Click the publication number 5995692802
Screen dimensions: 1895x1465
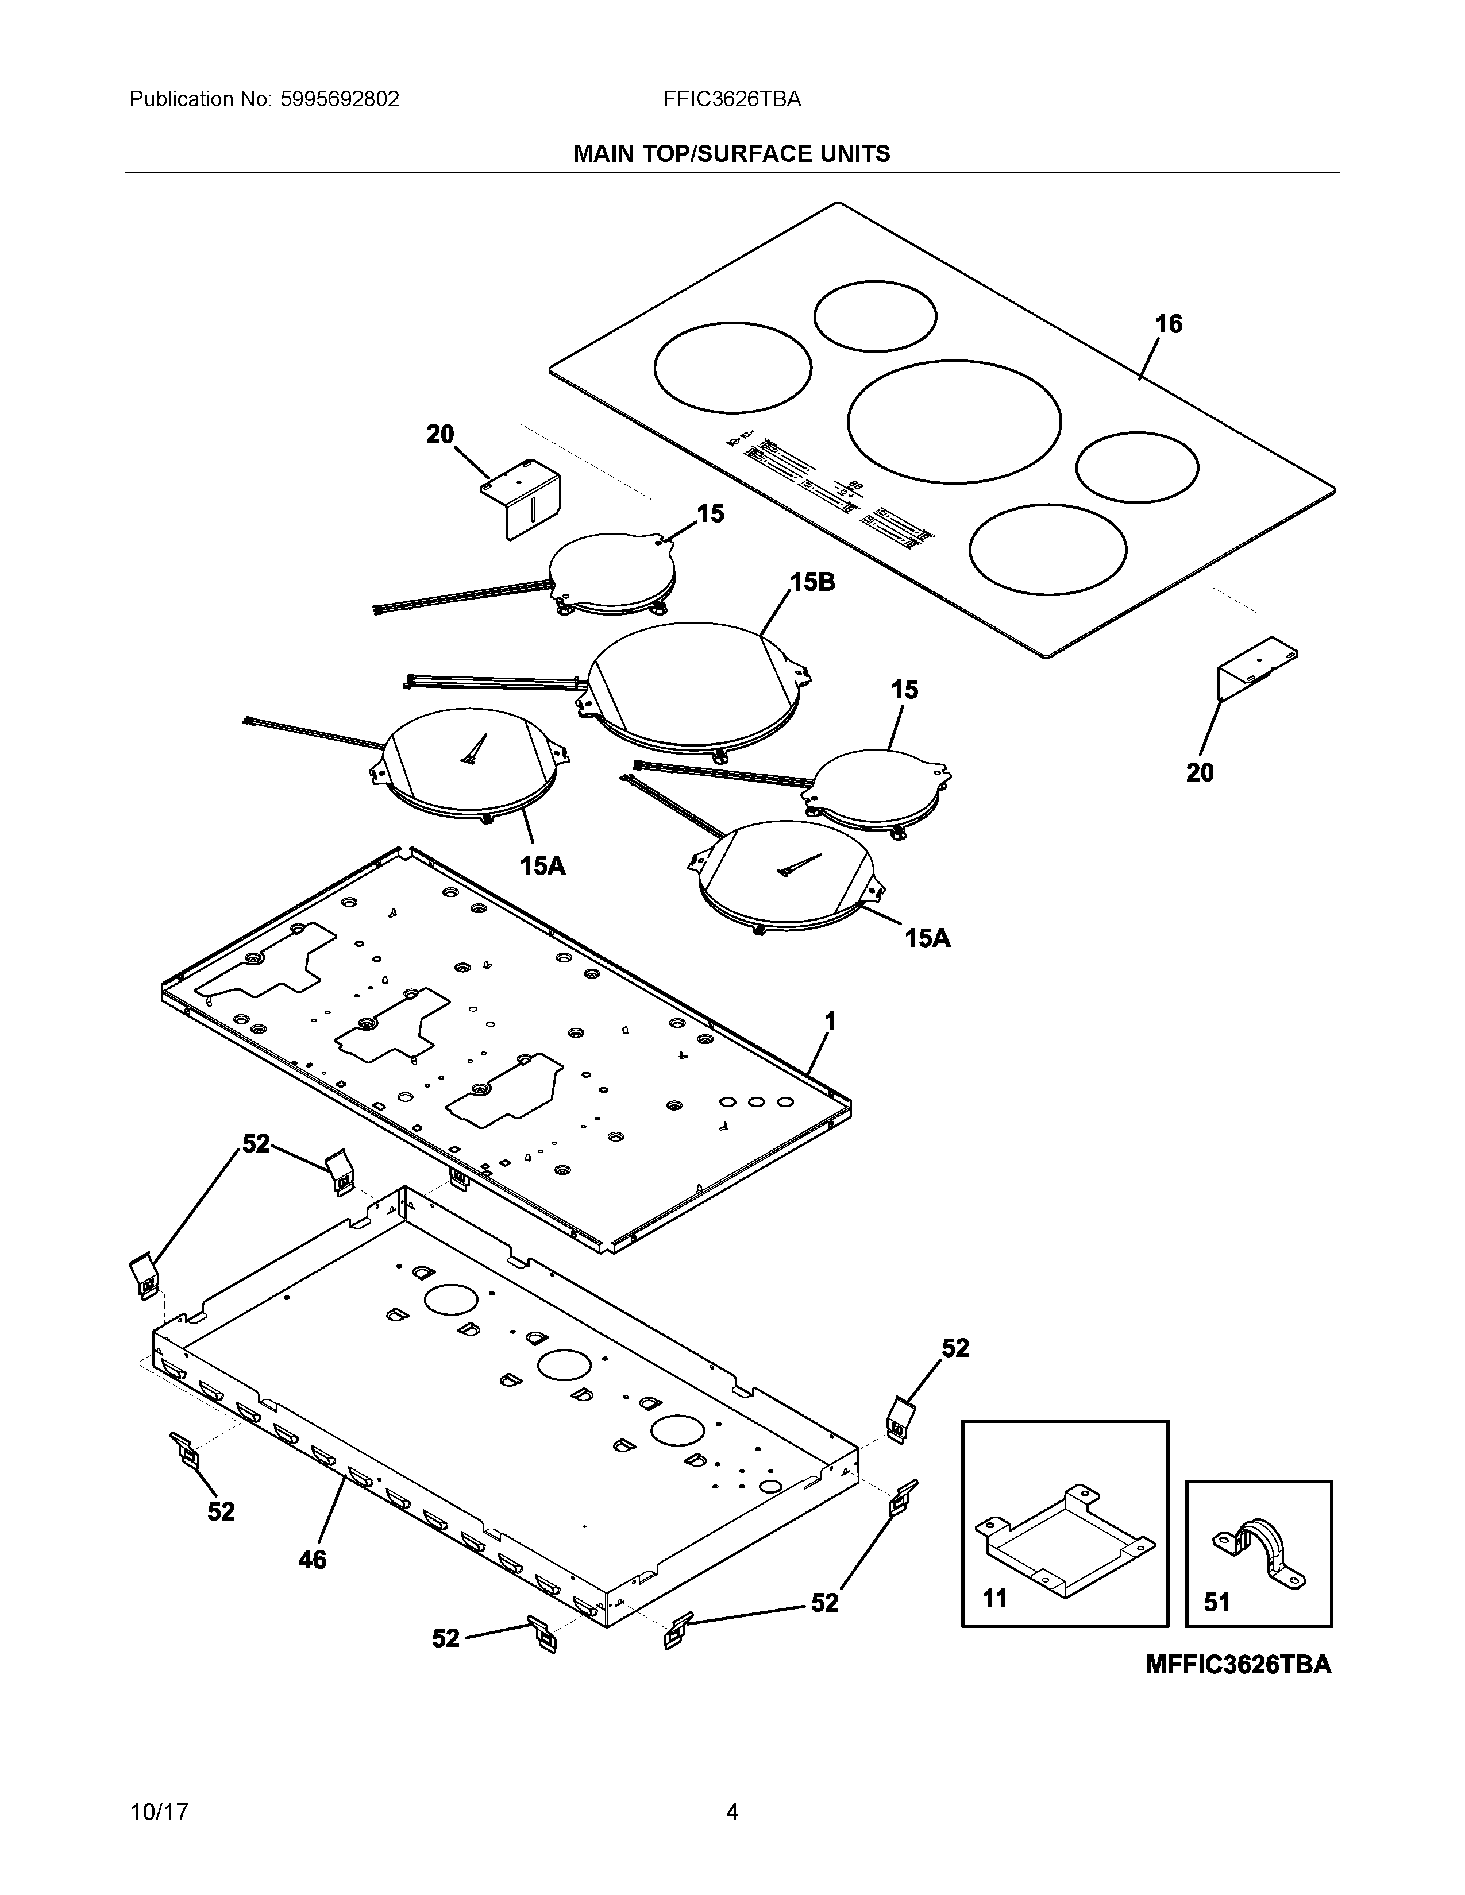[340, 100]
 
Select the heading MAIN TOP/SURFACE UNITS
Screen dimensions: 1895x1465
[731, 154]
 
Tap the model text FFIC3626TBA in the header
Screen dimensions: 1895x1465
[731, 100]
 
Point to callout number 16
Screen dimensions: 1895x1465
[1168, 324]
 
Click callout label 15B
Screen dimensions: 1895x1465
[812, 582]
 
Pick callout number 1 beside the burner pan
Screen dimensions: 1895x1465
[830, 1022]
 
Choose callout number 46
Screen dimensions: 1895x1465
[313, 1560]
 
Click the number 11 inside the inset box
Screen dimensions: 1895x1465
[994, 1598]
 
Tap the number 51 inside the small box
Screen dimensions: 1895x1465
[1217, 1602]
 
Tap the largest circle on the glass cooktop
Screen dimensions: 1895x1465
[954, 421]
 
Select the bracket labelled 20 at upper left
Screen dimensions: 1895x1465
[521, 501]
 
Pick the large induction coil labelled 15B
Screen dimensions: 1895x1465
[695, 686]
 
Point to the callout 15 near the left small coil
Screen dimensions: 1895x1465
[710, 514]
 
